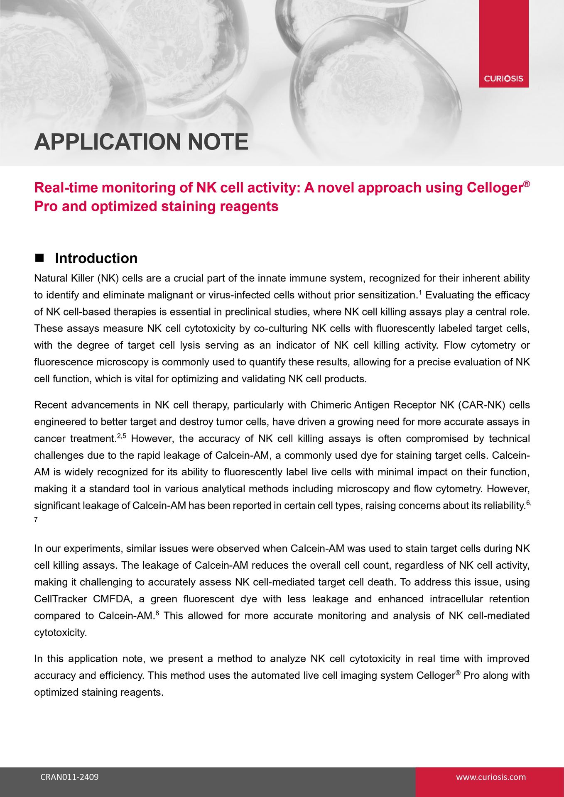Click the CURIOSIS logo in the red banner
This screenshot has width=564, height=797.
503,78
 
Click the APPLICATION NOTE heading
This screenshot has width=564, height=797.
141,142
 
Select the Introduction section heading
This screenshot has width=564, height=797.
96,258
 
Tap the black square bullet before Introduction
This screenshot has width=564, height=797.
39,258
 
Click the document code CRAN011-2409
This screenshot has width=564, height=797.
69,777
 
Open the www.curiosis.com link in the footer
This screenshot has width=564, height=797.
490,777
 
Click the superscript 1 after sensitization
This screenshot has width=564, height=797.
420,292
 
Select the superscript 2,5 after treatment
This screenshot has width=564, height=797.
121,436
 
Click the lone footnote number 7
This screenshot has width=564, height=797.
36,520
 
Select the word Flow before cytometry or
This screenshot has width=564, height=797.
456,345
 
